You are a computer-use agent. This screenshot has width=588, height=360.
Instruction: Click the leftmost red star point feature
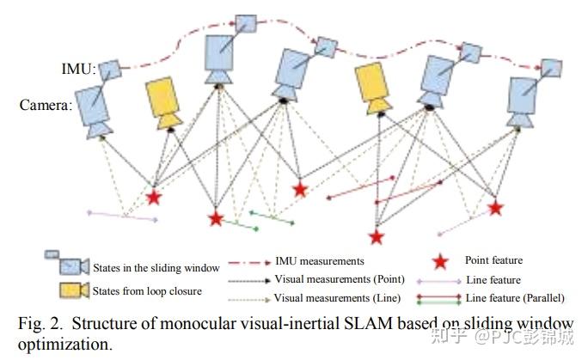pyautogui.click(x=154, y=198)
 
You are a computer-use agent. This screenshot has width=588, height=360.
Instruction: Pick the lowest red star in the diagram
pyautogui.click(x=376, y=236)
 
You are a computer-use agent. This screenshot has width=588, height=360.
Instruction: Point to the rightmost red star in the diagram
pyautogui.click(x=495, y=207)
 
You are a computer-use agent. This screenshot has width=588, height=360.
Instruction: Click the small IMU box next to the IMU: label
pyautogui.click(x=109, y=69)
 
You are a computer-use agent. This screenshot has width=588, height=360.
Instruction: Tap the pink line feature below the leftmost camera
pyautogui.click(x=123, y=215)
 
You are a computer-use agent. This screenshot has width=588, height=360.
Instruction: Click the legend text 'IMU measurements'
pyautogui.click(x=320, y=260)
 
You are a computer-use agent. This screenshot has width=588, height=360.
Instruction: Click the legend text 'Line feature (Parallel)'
pyautogui.click(x=514, y=298)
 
